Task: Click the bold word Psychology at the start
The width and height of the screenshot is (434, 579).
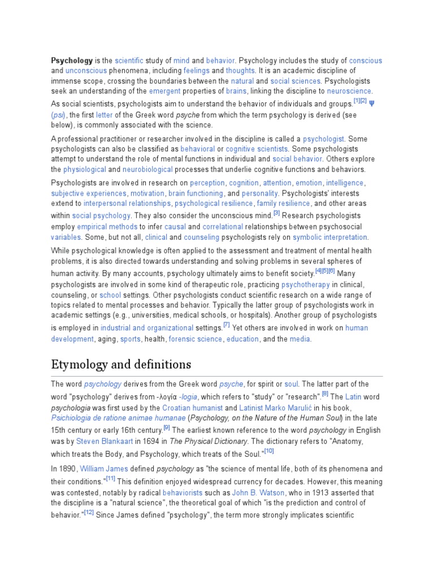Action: pyautogui.click(x=72, y=61)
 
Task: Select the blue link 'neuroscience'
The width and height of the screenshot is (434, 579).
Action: pyautogui.click(x=349, y=91)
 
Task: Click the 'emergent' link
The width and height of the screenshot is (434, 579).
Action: pyautogui.click(x=164, y=91)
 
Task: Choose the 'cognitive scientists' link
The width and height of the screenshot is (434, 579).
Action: pyautogui.click(x=257, y=149)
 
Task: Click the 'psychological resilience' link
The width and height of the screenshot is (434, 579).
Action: pyautogui.click(x=214, y=204)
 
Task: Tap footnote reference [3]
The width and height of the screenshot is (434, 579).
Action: pyautogui.click(x=276, y=213)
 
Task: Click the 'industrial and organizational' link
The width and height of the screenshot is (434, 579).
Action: pyautogui.click(x=147, y=328)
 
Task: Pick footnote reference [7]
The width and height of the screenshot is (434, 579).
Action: pyautogui.click(x=226, y=325)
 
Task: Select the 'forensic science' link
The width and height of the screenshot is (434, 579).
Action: pyautogui.click(x=202, y=339)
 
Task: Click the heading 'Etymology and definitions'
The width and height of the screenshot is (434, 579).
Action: pyautogui.click(x=121, y=364)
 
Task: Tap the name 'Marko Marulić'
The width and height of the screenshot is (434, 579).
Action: pyautogui.click(x=294, y=408)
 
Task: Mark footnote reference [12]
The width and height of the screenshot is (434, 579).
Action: pyautogui.click(x=89, y=512)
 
